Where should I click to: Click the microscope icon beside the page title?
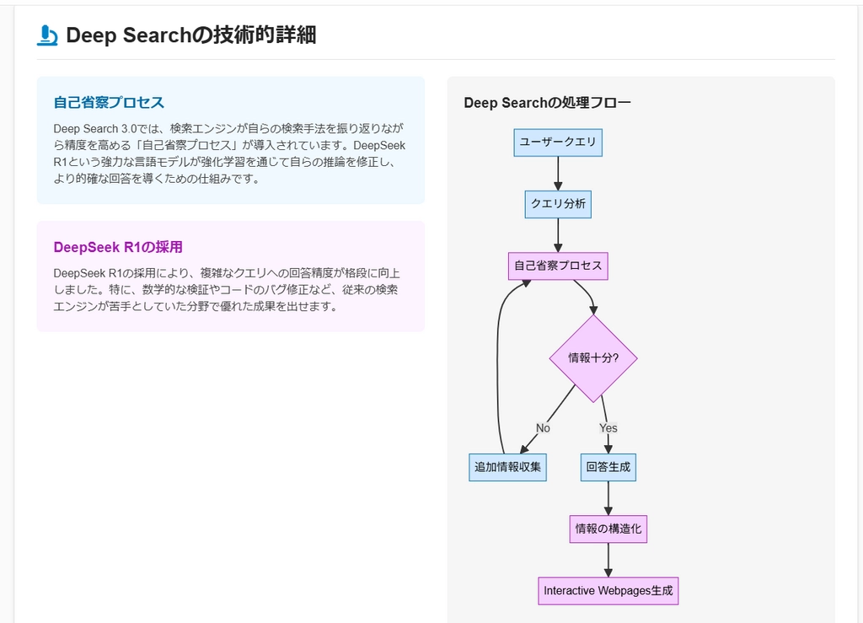[47, 35]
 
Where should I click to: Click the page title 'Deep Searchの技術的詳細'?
[190, 35]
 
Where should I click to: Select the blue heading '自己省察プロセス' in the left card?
[109, 103]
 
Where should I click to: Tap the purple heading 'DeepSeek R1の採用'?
[118, 247]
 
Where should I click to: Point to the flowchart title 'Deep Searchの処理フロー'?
[547, 103]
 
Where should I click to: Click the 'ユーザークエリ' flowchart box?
[558, 142]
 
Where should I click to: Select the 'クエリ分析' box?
[558, 203]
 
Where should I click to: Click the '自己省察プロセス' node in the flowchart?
[558, 266]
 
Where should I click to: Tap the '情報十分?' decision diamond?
[593, 357]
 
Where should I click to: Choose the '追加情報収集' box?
[507, 466]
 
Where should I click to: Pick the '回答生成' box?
[608, 466]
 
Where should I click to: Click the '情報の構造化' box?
[608, 529]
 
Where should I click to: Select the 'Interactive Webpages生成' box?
[608, 590]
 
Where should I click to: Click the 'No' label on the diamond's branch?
[543, 428]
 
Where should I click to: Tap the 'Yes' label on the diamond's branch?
[608, 428]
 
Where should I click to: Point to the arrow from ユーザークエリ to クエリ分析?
[558, 173]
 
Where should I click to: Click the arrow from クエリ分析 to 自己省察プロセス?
[558, 235]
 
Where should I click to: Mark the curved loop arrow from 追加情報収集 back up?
[497, 363]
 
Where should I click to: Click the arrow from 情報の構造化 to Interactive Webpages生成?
[608, 560]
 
